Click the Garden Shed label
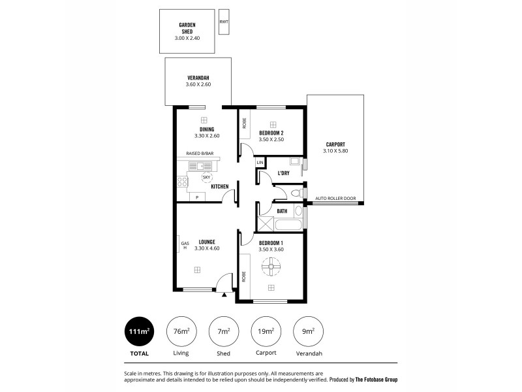[x=187, y=28]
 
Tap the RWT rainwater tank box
[x=224, y=22]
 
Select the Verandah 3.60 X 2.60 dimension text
[x=198, y=84]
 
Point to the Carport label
[x=335, y=144]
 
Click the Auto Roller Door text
[x=335, y=198]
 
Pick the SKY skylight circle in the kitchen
[x=206, y=177]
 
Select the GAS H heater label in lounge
[x=184, y=245]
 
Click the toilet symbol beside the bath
[x=296, y=193]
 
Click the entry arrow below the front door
[x=225, y=295]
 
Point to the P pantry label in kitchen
[x=197, y=196]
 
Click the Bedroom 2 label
[x=271, y=133]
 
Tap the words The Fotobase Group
[x=376, y=380]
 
